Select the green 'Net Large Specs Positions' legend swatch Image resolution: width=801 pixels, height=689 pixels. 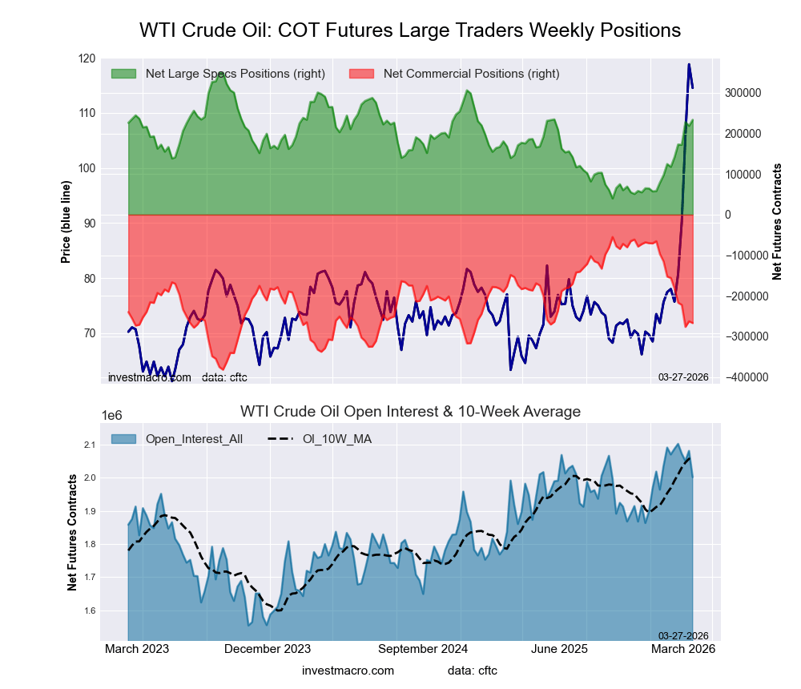coord(124,74)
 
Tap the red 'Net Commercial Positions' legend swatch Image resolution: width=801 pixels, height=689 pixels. coord(362,74)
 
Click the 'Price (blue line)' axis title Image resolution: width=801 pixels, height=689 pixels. coord(66,223)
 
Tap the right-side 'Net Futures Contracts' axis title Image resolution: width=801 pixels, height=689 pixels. coord(777,221)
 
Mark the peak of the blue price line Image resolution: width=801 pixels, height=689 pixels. coord(689,64)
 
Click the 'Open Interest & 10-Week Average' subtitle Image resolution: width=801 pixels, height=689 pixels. coord(410,412)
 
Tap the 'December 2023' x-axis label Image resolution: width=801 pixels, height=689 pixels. coord(268,649)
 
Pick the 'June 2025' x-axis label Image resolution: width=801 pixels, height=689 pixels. coord(559,649)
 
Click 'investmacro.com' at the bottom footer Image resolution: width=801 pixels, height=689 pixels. coord(348,670)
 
